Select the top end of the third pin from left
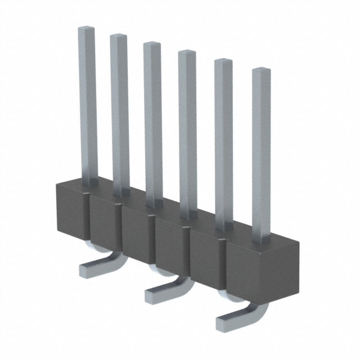tap(151, 44)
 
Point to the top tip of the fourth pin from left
tap(187, 53)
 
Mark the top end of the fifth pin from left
tap(223, 61)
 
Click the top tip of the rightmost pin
tap(260, 71)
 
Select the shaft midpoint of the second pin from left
tap(119, 112)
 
